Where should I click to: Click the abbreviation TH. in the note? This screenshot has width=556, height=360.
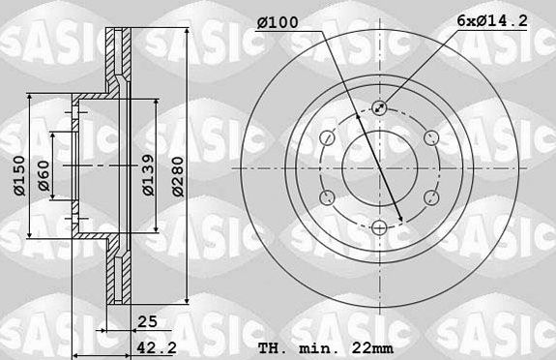click(274, 347)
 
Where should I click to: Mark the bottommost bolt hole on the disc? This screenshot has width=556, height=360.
click(379, 227)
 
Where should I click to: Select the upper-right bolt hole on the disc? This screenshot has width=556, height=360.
click(431, 137)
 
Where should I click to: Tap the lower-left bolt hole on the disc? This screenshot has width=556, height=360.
click(327, 197)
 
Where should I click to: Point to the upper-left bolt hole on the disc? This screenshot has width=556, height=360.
click(327, 137)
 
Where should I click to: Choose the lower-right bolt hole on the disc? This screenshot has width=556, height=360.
click(431, 197)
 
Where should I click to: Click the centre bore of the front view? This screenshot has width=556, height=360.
click(379, 167)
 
